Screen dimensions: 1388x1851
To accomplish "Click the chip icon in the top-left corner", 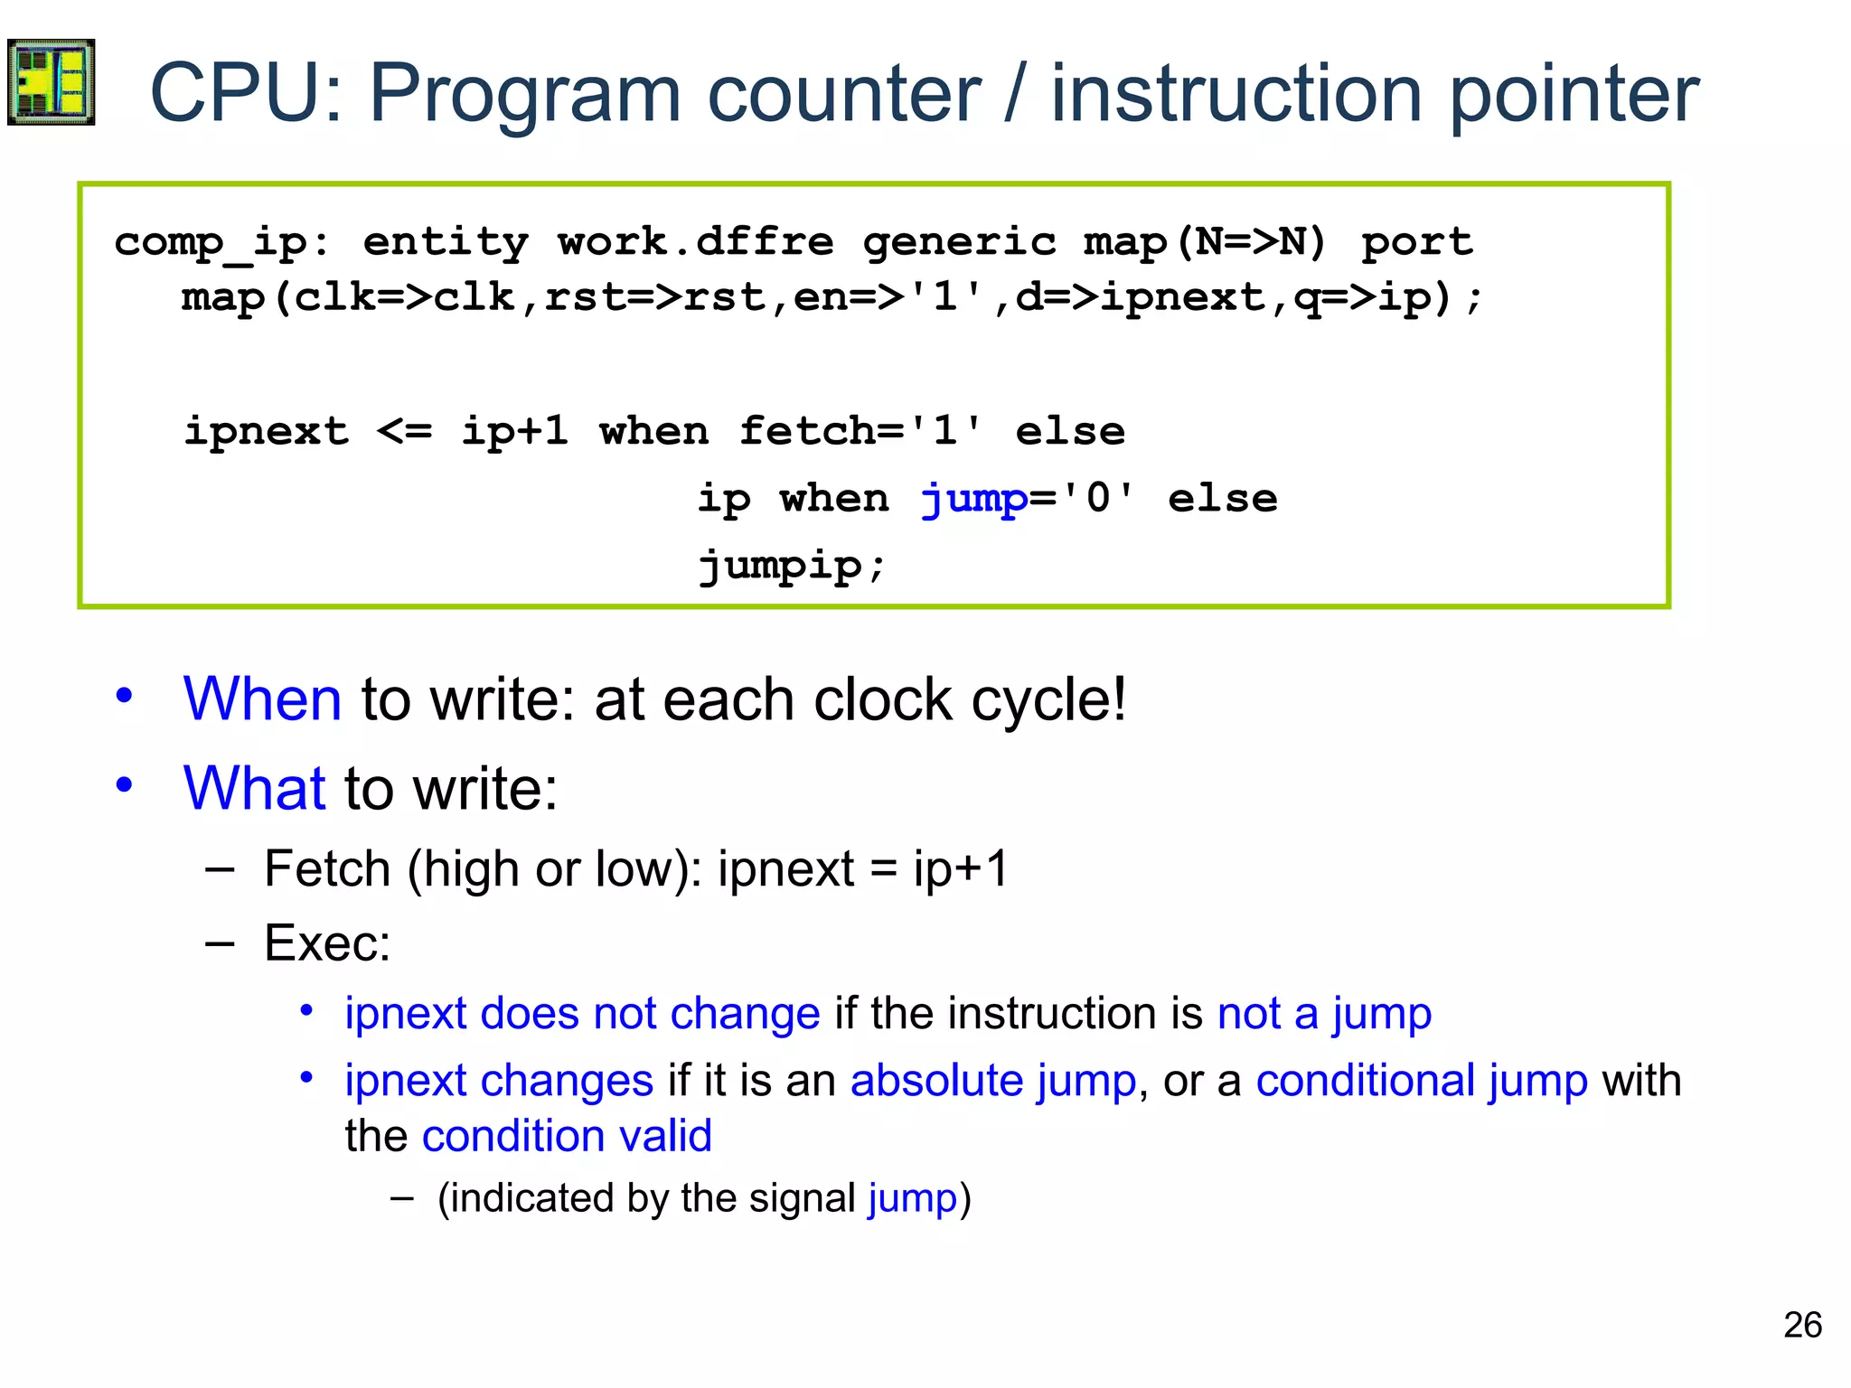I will (51, 82).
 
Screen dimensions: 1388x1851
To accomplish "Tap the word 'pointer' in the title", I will (1574, 94).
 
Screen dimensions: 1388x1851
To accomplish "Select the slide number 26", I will (1802, 1325).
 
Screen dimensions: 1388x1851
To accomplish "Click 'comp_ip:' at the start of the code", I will (221, 243).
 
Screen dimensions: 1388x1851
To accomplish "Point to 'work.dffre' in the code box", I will (695, 241).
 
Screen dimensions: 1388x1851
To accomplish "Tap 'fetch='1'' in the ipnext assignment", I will (860, 431).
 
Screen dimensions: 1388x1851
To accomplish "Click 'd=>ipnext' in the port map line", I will (1140, 298).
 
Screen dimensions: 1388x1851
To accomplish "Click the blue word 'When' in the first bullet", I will (262, 699).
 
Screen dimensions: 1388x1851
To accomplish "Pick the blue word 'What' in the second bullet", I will (254, 788).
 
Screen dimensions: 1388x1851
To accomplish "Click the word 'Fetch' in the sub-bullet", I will (327, 869).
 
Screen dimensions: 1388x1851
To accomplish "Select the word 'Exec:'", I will (327, 943).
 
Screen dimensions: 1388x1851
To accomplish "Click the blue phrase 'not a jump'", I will (1324, 1013).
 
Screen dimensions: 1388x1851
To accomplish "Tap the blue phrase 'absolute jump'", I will (992, 1081).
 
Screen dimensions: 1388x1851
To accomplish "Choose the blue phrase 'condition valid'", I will (567, 1136).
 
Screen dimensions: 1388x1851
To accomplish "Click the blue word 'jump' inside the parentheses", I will (911, 1199).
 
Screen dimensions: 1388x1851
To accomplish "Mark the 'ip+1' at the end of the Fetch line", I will (960, 869).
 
